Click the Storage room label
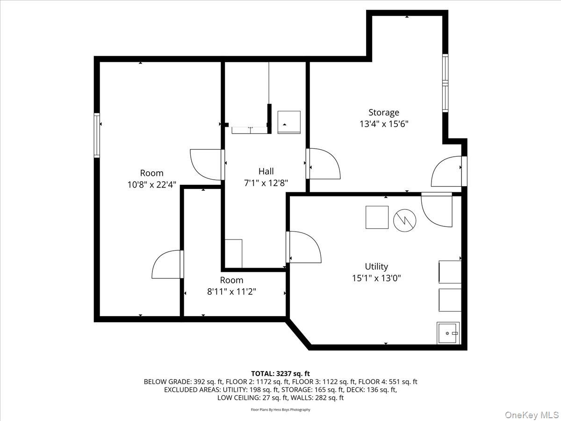(x=383, y=112)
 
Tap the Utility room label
(x=376, y=266)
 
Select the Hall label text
(x=266, y=171)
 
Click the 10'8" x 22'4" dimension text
(x=152, y=184)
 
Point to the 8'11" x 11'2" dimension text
(x=232, y=291)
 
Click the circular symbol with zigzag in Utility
(x=404, y=220)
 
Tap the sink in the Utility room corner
(x=448, y=333)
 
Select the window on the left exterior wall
(x=97, y=135)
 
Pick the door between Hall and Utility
(x=304, y=247)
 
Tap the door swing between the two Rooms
(x=167, y=265)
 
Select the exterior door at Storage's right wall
(x=448, y=171)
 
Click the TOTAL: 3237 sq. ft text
(x=280, y=373)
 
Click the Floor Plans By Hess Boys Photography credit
(x=280, y=410)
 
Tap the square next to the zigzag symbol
(x=377, y=218)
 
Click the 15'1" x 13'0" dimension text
(x=376, y=278)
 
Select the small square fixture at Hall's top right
(x=289, y=122)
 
